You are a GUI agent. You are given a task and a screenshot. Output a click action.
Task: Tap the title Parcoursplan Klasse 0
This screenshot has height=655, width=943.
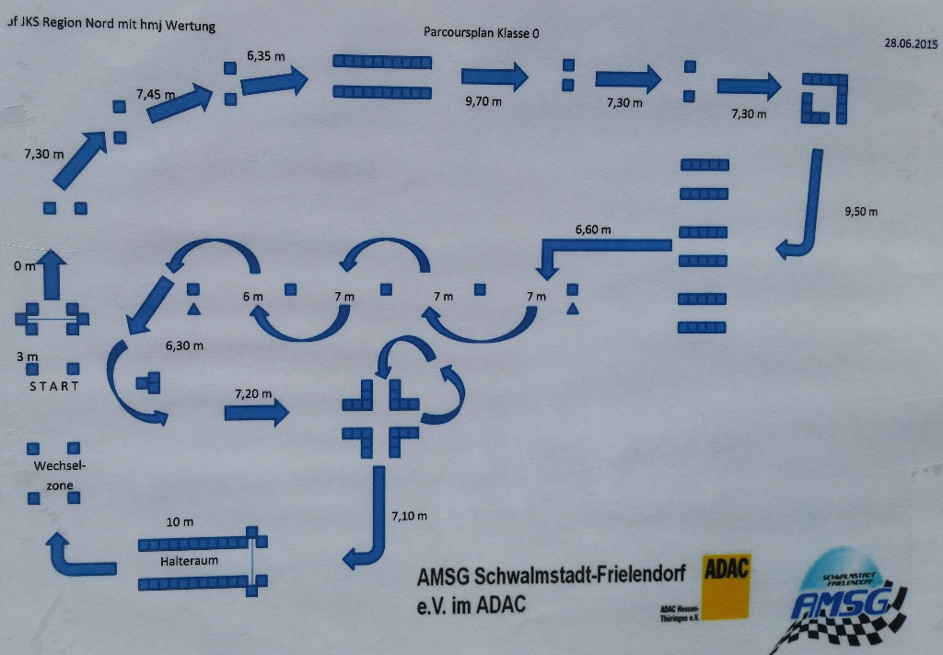tap(481, 32)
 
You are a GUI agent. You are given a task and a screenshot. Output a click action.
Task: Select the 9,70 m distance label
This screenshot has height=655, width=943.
tap(483, 101)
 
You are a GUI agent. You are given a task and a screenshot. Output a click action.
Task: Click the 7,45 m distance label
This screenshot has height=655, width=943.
tap(155, 94)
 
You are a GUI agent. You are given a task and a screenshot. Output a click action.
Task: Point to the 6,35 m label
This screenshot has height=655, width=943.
tap(265, 56)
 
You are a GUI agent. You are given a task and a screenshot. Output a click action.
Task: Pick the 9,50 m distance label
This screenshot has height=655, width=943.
tap(861, 212)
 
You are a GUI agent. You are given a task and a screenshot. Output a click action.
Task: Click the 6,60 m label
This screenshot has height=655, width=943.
tap(593, 229)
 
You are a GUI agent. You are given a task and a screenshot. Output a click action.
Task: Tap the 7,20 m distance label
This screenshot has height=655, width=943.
tap(253, 393)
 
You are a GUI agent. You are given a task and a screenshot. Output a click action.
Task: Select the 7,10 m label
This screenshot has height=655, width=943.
tap(409, 516)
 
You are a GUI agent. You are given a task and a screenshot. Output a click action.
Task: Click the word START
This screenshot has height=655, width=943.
tap(54, 386)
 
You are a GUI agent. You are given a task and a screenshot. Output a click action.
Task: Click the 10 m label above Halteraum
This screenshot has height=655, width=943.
tap(180, 522)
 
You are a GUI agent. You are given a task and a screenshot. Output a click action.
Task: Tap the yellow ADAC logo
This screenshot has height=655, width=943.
tap(727, 584)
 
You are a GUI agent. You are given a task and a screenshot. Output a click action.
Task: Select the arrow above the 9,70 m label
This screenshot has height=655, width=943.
tap(495, 76)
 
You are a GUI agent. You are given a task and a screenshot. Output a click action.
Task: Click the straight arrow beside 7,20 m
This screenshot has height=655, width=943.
tap(257, 412)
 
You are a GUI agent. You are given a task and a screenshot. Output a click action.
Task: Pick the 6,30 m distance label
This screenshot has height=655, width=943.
tap(184, 345)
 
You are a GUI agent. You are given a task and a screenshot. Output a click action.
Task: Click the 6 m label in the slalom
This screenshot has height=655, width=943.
tap(252, 297)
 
